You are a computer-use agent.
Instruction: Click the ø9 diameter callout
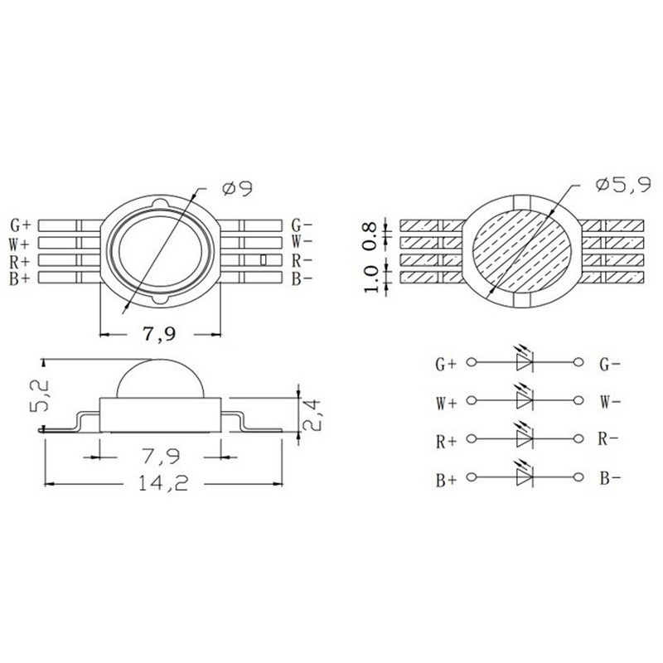(x=237, y=188)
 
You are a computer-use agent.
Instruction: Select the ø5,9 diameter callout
(x=623, y=184)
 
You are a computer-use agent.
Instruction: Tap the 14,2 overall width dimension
(x=163, y=483)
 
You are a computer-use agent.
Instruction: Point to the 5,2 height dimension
(x=41, y=396)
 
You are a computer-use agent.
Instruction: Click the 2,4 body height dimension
(x=313, y=415)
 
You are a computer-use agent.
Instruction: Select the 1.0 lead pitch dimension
(x=370, y=279)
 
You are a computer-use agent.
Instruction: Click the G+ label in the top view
(x=20, y=225)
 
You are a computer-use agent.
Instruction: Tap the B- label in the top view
(x=302, y=279)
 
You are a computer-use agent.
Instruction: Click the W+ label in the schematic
(x=446, y=404)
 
